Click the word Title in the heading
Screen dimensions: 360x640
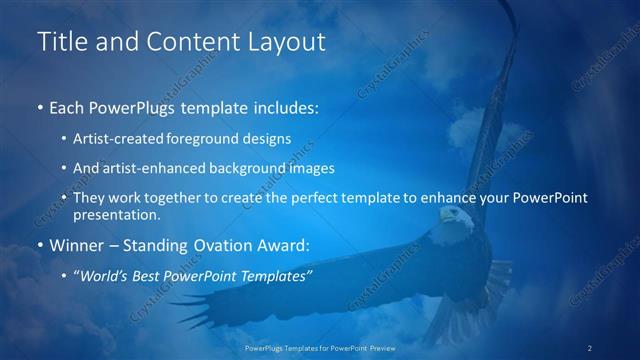click(x=60, y=42)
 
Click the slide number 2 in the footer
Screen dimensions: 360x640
click(x=590, y=347)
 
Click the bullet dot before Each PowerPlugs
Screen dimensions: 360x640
click(x=39, y=106)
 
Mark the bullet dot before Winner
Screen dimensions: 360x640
click(x=39, y=246)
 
